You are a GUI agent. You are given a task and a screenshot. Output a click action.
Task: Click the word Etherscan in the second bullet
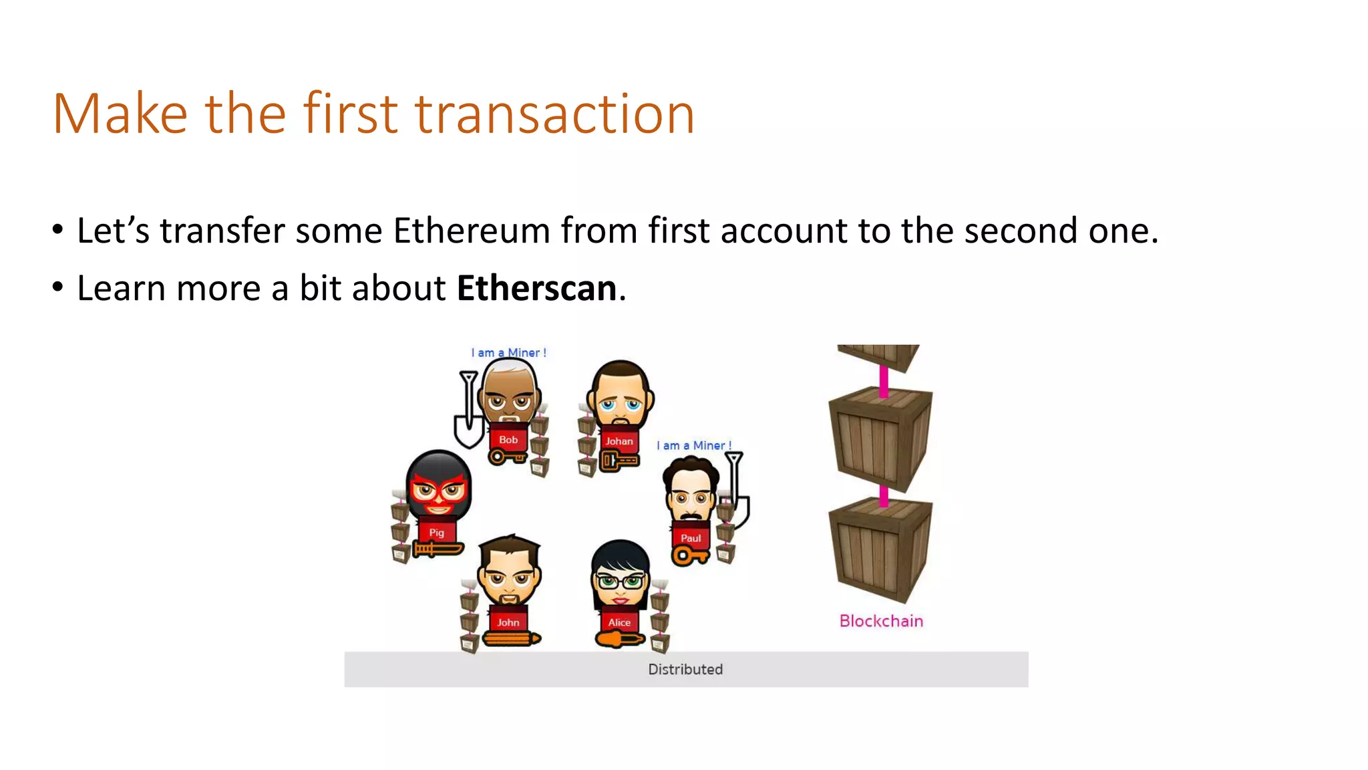point(536,289)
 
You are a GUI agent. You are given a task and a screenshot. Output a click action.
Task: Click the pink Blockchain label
point(881,621)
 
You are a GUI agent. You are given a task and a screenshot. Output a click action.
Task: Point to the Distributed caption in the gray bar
point(685,669)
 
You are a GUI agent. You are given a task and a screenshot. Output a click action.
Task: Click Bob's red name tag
point(508,440)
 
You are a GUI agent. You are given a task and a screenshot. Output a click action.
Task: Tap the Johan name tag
point(619,441)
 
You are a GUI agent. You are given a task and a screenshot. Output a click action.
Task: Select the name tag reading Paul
point(691,538)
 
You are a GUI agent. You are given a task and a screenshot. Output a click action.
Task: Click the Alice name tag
point(619,622)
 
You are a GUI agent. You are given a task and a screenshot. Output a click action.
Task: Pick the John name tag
point(508,622)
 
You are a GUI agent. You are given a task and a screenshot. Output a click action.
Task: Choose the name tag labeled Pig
point(436,533)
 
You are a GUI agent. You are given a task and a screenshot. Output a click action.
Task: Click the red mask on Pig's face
point(438,491)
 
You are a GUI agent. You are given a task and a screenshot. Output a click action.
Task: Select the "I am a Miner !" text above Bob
point(509,353)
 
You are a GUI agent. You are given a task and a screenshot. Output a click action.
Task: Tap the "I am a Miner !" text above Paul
point(694,446)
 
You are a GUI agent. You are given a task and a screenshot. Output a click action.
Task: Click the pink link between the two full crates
point(884,496)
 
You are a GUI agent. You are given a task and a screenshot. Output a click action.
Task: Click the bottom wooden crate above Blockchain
point(880,551)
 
